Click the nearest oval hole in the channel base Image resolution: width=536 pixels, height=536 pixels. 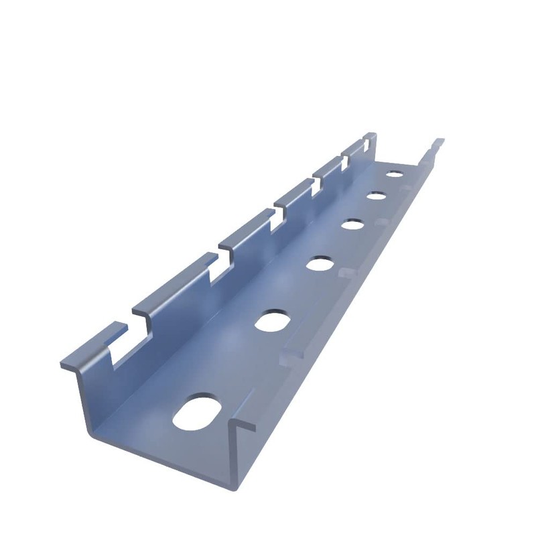pos(199,409)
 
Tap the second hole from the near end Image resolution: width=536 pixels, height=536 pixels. pos(271,320)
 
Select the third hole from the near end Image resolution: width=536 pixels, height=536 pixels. pos(321,263)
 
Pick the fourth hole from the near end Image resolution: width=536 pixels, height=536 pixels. pos(352,224)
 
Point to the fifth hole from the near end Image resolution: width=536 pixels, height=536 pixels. pos(376,196)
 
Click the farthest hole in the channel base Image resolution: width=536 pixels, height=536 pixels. pos(395,174)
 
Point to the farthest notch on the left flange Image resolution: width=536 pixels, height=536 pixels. pos(367,143)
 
